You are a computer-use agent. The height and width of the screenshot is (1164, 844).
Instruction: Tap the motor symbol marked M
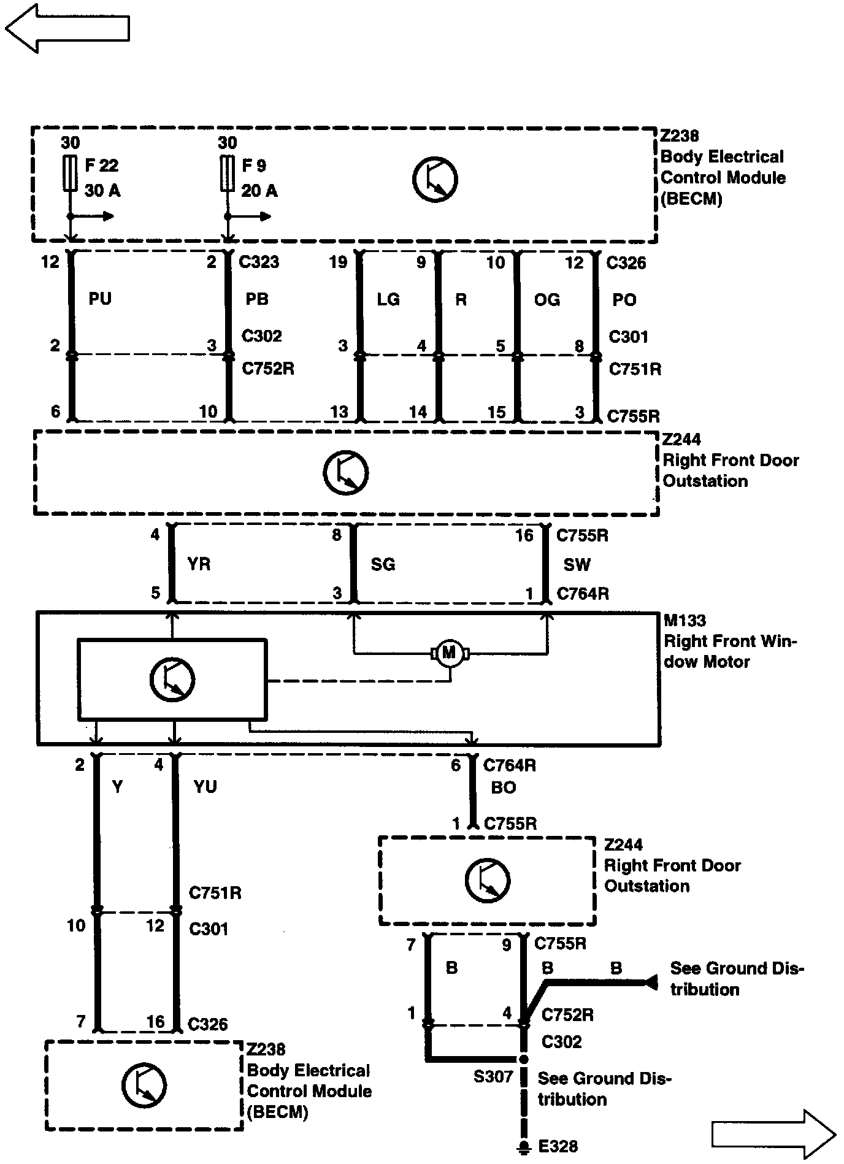coord(450,653)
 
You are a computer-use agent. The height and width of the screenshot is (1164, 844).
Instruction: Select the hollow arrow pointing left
coord(67,28)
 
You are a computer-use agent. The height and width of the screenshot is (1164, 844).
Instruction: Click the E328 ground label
coord(558,1146)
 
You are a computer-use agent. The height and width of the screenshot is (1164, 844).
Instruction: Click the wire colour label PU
coord(100,299)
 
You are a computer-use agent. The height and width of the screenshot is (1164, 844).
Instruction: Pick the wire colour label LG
coord(388,299)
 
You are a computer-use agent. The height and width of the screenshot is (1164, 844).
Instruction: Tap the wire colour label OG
coord(547,299)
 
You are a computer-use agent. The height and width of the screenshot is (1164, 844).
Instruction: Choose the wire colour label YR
coord(198,564)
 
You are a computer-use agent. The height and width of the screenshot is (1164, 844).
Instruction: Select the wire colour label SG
coord(383,564)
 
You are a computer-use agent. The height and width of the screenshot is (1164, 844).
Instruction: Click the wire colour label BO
coord(503,787)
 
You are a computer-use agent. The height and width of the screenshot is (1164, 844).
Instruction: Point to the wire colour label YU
coord(205,786)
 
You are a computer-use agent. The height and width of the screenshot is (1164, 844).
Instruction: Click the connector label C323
coord(259,262)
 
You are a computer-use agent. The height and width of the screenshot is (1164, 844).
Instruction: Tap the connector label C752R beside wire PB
coord(268,369)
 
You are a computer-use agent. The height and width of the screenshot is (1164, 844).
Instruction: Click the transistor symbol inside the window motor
coord(172,680)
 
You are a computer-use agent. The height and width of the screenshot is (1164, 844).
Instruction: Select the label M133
coord(685,621)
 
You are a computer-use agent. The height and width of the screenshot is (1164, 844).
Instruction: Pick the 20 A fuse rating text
coord(259,191)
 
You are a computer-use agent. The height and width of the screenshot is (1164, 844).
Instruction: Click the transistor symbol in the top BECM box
coord(435,180)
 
